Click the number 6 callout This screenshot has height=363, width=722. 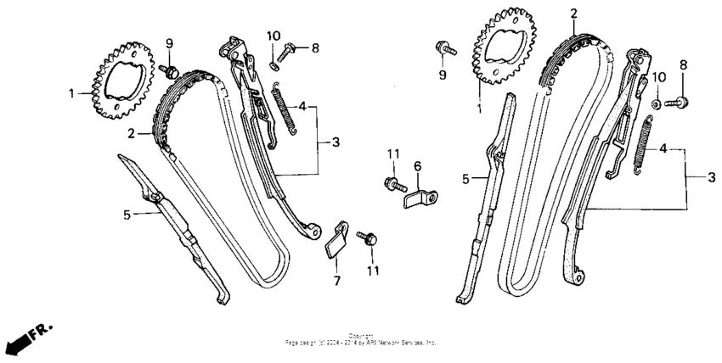[417, 165]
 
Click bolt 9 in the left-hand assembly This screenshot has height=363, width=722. [170, 68]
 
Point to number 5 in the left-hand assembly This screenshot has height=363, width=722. [126, 215]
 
